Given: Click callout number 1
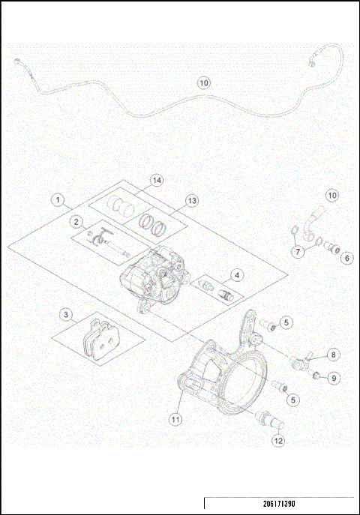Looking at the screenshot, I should click(56, 200).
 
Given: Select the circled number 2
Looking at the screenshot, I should click(76, 221).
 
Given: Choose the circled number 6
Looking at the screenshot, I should click(346, 258).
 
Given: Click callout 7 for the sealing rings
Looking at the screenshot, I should click(298, 253).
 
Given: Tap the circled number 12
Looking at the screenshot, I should click(278, 440).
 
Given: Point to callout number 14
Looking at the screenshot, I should click(156, 181).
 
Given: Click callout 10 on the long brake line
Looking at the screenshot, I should click(204, 83).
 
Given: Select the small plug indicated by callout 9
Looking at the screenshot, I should click(316, 374).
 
